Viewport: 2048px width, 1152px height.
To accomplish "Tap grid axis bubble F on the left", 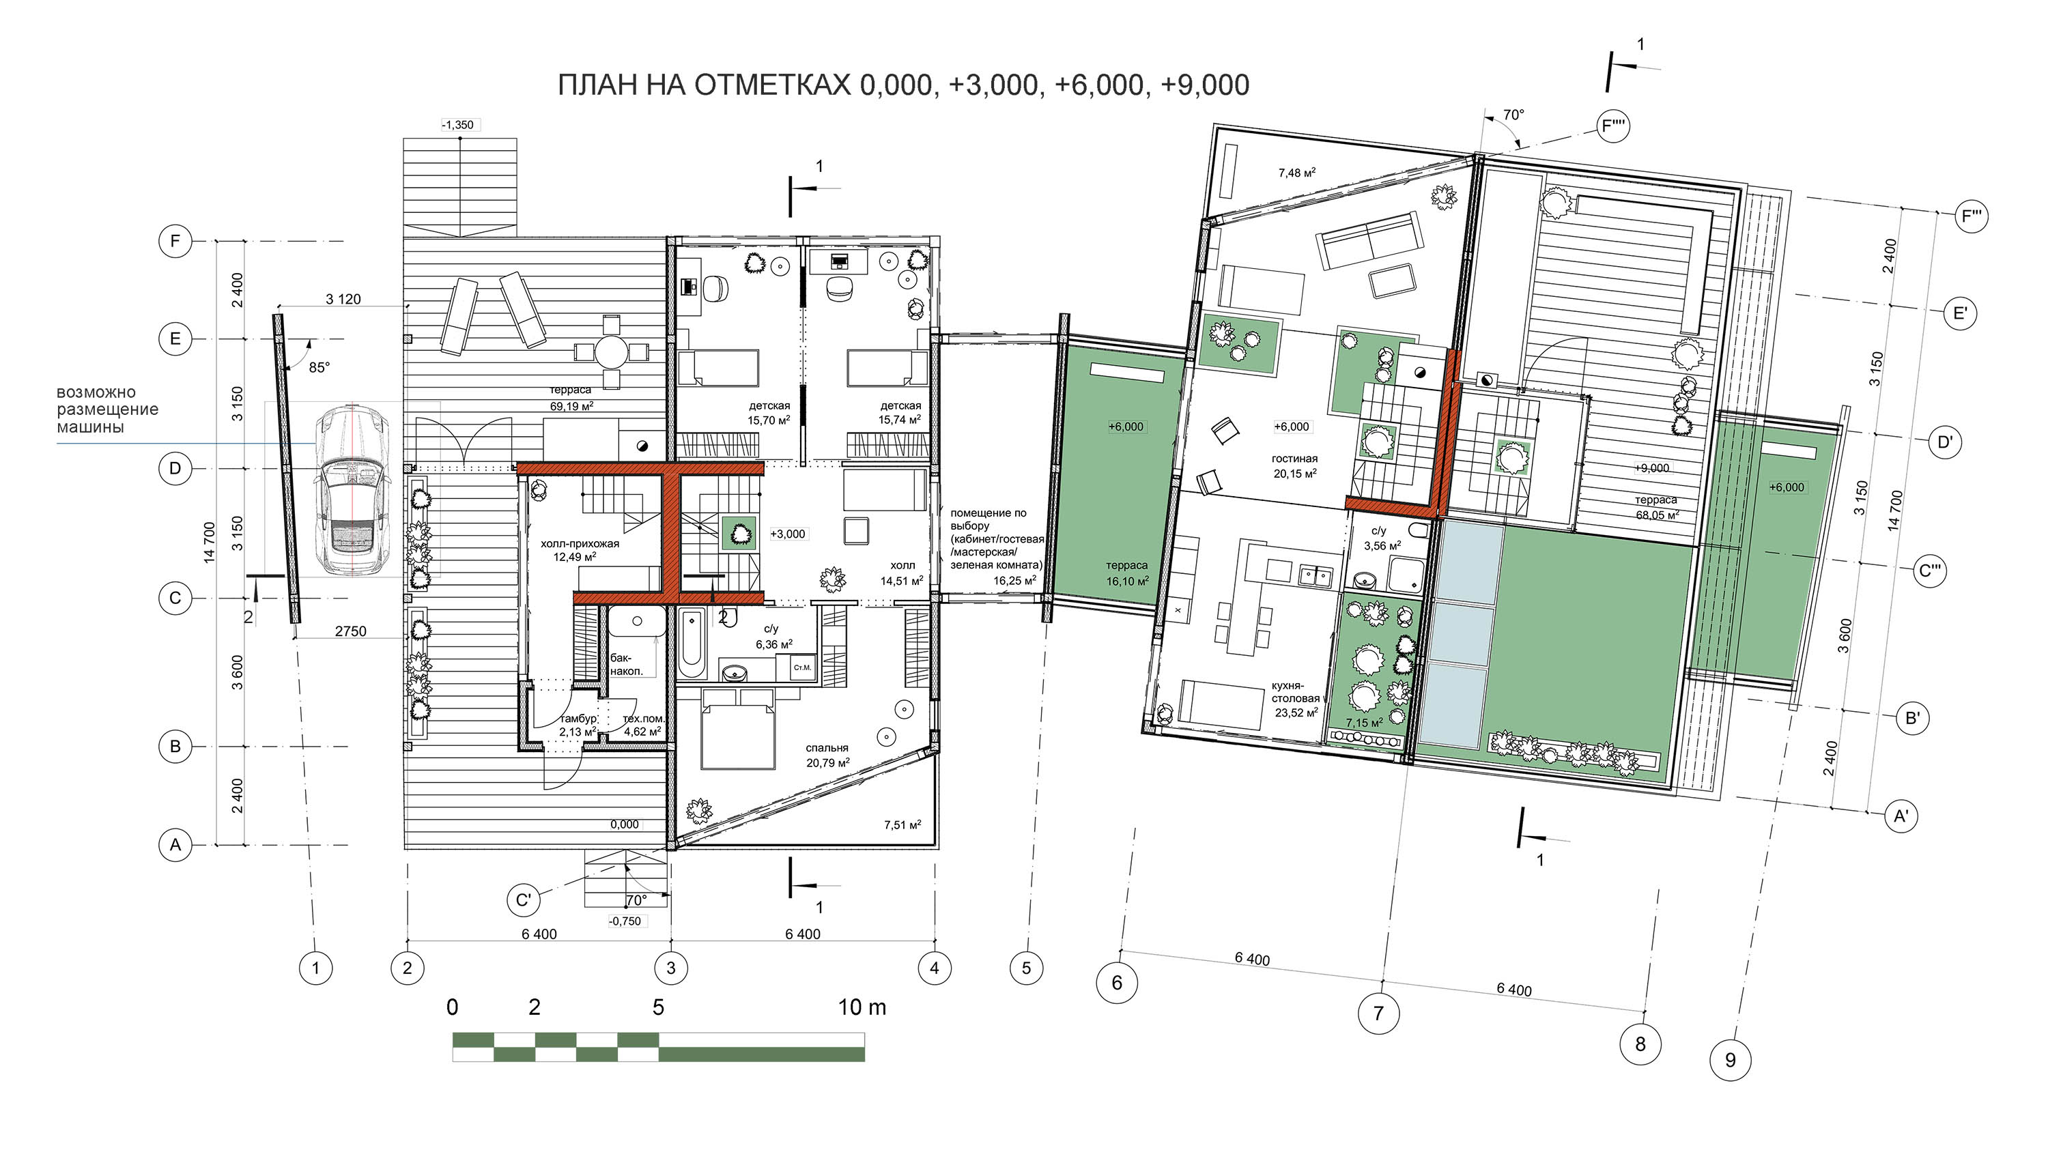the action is pos(175,241).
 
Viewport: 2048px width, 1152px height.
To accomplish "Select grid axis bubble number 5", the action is pos(1025,968).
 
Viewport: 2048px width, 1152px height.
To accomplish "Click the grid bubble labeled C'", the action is pos(523,900).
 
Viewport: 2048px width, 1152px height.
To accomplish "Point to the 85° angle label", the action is pos(319,368).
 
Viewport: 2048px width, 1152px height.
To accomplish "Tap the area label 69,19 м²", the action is pos(571,405).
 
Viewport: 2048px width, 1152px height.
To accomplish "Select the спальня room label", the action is pos(827,747).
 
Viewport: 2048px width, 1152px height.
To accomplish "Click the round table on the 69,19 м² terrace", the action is pos(612,351).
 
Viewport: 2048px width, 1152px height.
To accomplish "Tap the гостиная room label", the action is pos(1294,459).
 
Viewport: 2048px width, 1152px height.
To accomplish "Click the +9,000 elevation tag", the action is pos(1652,468).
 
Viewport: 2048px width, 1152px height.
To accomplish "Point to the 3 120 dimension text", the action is pos(343,299).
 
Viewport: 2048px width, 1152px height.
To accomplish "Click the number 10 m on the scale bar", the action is pos(862,1007).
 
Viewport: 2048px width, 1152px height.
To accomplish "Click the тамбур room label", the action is pos(578,719).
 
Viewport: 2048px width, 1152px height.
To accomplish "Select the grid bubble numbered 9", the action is pos(1730,1060).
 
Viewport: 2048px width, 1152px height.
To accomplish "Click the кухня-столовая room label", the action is pos(1295,691).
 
